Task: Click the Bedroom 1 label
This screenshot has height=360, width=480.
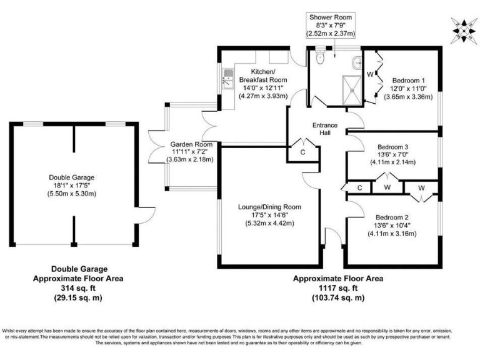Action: click(409, 81)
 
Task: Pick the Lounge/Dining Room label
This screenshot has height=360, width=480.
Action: click(269, 207)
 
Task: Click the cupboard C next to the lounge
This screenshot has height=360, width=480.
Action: click(302, 152)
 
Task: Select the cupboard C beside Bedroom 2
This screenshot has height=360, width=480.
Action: click(359, 187)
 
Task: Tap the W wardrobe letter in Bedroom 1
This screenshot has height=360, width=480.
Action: click(370, 75)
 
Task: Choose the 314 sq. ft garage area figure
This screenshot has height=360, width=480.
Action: click(77, 289)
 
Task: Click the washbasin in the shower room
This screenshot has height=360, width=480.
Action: click(357, 61)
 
